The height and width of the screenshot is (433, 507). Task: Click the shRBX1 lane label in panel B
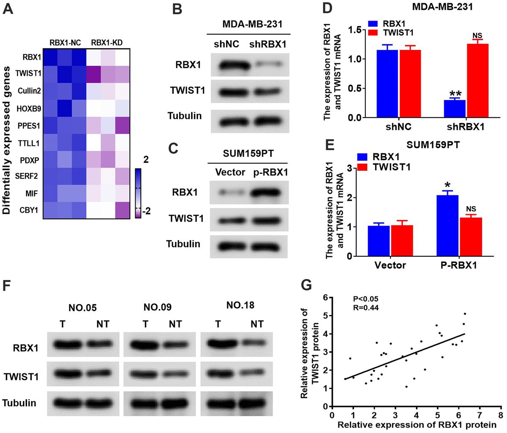(267, 44)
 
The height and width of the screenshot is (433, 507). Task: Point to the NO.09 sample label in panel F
(157, 307)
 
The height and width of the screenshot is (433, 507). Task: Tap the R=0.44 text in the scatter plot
(366, 307)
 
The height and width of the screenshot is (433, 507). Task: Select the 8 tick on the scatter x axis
(501, 415)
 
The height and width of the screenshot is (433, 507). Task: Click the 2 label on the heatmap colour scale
(146, 159)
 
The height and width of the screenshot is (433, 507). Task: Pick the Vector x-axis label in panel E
(390, 265)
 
